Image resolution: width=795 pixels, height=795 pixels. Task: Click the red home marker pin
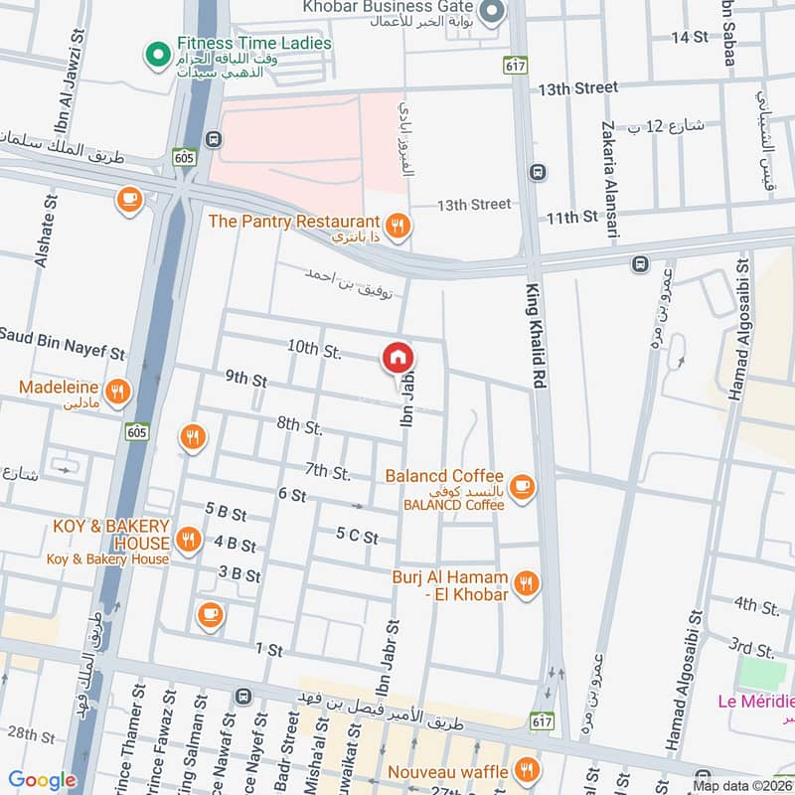tap(397, 357)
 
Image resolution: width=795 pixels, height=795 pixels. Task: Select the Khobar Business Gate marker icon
tap(491, 13)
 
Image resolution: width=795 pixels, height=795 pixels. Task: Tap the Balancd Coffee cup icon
tap(523, 486)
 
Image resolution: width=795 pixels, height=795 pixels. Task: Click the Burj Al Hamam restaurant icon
tap(528, 584)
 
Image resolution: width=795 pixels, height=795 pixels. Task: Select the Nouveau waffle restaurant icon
tap(528, 770)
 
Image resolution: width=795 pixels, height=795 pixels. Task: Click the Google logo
tap(42, 780)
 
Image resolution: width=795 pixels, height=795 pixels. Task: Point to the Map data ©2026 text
tap(742, 786)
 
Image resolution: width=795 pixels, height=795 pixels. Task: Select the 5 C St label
tap(358, 536)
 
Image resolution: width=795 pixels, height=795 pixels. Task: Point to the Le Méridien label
tap(755, 702)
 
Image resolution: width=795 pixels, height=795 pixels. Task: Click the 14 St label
tap(688, 37)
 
